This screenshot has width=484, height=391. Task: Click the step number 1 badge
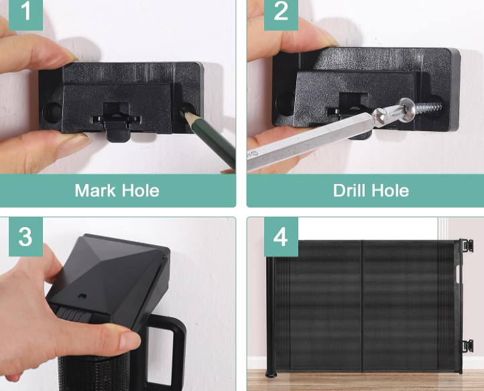25,15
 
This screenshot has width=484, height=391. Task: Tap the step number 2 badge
281,15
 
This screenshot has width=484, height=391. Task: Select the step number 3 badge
25,236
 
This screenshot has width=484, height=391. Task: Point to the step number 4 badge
281,236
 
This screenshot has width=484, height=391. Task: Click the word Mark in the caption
95,191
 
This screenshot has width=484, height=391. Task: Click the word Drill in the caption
348,191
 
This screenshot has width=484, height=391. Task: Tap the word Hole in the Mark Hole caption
140,191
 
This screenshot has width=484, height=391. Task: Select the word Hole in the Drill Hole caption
390,191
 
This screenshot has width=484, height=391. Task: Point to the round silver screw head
406,110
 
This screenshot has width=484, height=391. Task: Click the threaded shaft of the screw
428,108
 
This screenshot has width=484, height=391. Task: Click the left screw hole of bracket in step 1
51,112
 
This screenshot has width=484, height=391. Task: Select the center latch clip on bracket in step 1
117,121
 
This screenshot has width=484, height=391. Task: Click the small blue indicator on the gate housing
82,296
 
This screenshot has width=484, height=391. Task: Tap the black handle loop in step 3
165,353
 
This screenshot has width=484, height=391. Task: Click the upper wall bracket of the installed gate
466,246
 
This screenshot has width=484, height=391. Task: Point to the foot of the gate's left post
271,375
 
